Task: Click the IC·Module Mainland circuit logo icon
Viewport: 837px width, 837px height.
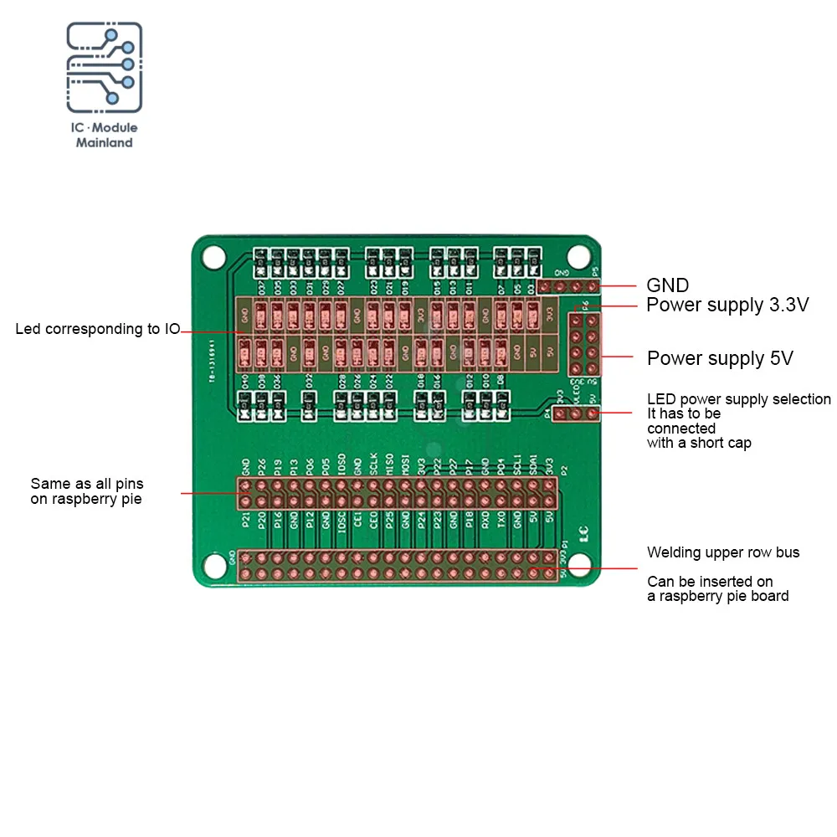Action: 104,68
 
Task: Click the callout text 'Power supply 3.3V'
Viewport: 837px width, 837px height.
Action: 727,305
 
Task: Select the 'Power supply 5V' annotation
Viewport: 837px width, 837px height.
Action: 720,359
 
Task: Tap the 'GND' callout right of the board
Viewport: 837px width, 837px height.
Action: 667,285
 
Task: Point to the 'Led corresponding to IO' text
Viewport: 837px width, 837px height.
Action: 97,329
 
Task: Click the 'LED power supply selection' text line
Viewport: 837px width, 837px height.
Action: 739,399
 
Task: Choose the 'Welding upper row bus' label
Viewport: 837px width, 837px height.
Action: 723,552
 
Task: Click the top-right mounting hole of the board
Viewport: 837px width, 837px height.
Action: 578,256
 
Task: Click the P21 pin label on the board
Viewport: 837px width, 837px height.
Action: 245,520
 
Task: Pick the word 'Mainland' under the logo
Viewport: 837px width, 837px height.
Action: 105,143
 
